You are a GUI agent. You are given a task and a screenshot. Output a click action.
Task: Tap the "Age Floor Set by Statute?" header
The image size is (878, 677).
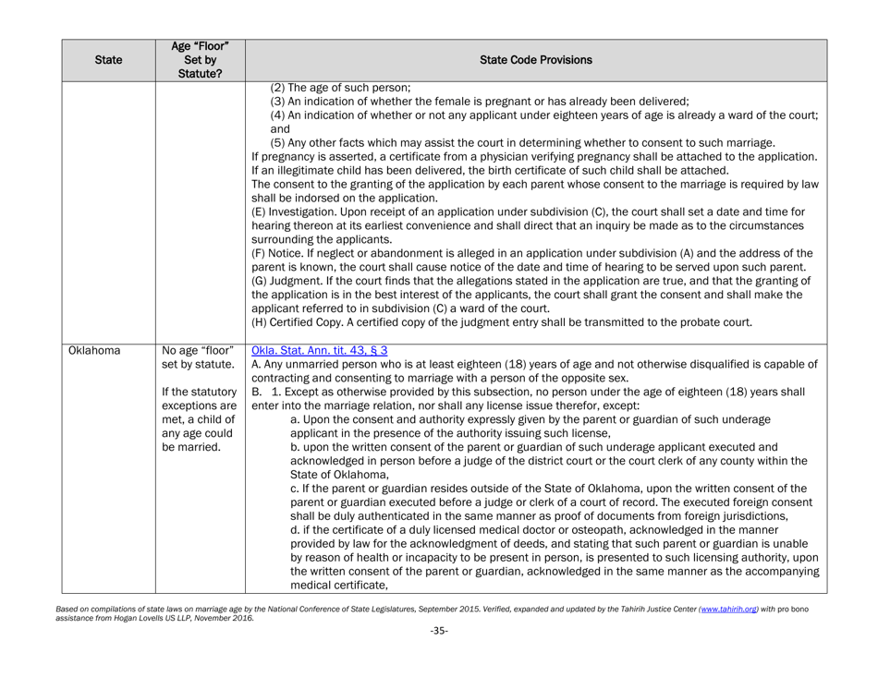[201, 60]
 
